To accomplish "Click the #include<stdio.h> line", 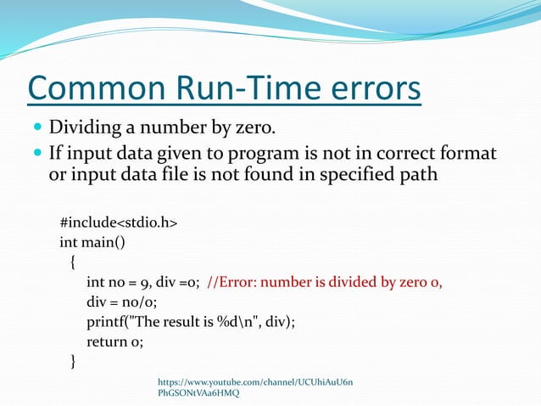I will coord(119,222).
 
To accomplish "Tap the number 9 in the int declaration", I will coord(149,283).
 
